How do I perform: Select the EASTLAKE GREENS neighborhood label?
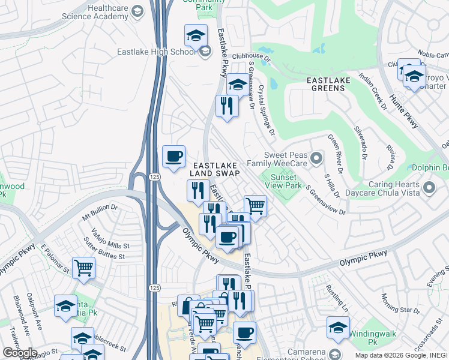[326, 83]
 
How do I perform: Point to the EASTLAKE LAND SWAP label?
[215, 169]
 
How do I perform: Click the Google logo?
[19, 353]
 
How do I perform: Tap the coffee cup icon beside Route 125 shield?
[173, 157]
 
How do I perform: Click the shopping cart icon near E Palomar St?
[83, 268]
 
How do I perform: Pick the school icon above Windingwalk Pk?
[338, 328]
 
